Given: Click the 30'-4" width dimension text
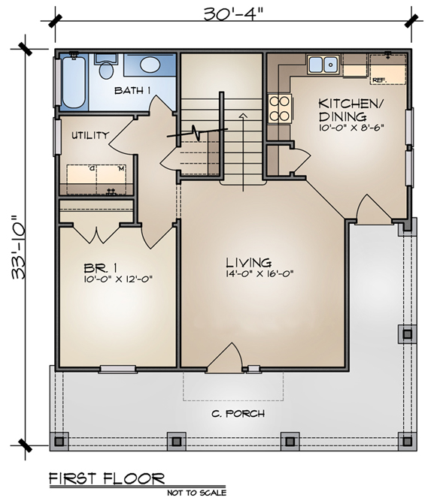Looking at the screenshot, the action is pos(235,14).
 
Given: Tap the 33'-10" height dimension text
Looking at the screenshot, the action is pos(19,248).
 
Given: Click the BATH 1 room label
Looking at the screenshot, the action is pos(132,90).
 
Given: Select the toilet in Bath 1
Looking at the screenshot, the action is pos(106,66).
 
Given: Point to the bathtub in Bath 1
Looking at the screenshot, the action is pos(74,82).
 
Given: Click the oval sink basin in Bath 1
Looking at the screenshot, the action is pos(150,65).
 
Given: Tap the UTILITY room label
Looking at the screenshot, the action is pos(90,135).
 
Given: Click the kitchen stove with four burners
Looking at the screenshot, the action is pos(280,109).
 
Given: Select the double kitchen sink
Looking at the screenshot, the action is pos(323,65).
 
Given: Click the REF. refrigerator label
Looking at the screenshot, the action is pos(380,80).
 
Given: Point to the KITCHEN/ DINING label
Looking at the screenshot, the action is pos(351,110).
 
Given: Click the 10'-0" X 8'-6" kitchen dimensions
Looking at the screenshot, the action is pos(351,128).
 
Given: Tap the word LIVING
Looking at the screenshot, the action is pos(249,262).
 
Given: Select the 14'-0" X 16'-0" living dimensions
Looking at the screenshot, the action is pos(260,273).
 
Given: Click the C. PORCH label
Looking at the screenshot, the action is pos(238,414).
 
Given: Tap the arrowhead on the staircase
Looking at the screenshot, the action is pos(243,116).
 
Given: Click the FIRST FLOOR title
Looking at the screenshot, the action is pos(107,478).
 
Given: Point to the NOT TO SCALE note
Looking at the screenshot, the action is pos(196,493).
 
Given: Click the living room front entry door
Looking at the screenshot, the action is pos(226,358).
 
